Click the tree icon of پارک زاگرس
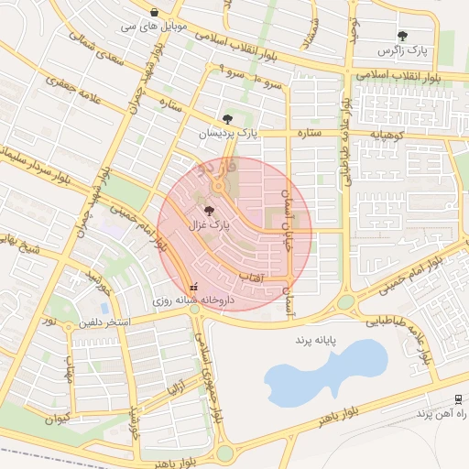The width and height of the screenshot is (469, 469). pyautogui.click(x=402, y=37)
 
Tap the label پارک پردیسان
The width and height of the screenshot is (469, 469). pyautogui.click(x=230, y=134)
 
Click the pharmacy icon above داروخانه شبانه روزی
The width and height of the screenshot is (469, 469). pyautogui.click(x=192, y=285)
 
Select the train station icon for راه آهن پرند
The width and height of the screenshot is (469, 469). pyautogui.click(x=457, y=398)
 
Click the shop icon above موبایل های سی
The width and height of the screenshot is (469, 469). pyautogui.click(x=153, y=13)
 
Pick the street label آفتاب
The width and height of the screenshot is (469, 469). pyautogui.click(x=251, y=275)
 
